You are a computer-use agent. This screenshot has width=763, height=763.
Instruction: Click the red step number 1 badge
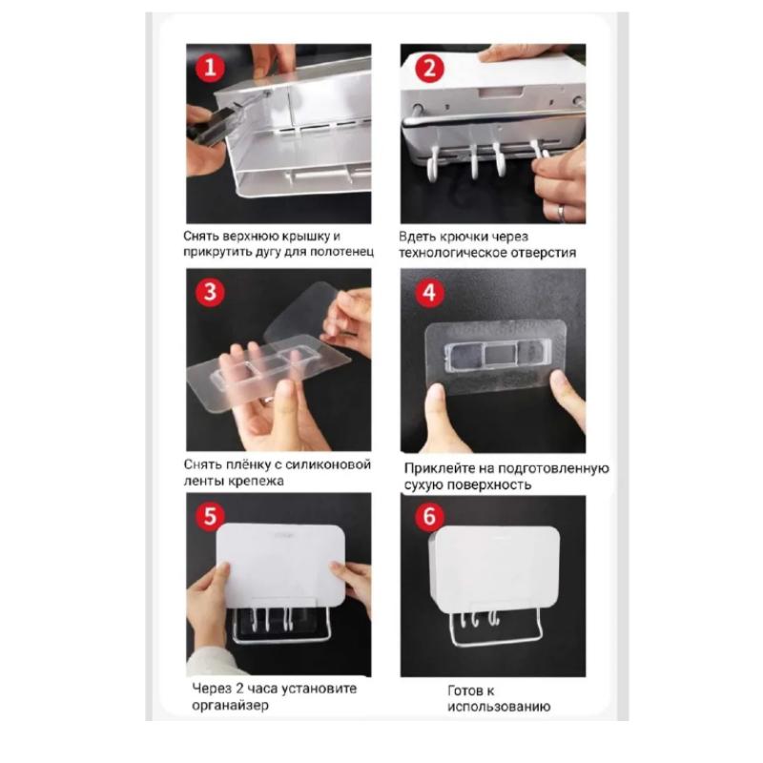pos(210,68)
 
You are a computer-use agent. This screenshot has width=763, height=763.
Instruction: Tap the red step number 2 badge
pos(429,68)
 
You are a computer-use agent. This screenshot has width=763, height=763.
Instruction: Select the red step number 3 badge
pos(210,293)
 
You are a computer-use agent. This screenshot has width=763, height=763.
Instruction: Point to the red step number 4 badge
pos(429,293)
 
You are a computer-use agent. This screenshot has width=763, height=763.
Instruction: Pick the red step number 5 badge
pos(210,516)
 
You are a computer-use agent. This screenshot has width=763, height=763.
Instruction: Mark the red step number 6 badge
pos(429,516)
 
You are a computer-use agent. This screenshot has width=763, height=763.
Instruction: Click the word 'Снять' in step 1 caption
pos(201,237)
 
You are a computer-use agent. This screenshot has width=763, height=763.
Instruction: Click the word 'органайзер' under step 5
pos(230,706)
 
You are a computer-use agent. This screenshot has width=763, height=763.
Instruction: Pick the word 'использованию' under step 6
pos(499,707)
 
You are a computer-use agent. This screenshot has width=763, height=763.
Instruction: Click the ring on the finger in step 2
pos(562,213)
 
